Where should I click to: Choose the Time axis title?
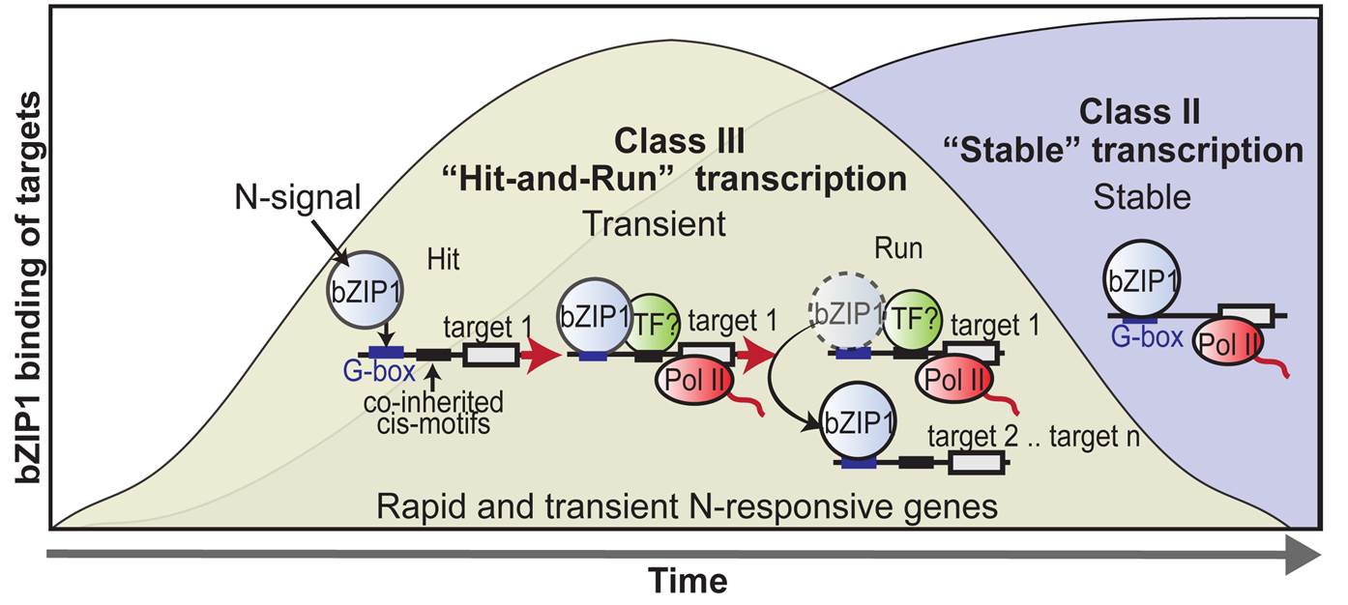687,582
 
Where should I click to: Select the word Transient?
653,223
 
